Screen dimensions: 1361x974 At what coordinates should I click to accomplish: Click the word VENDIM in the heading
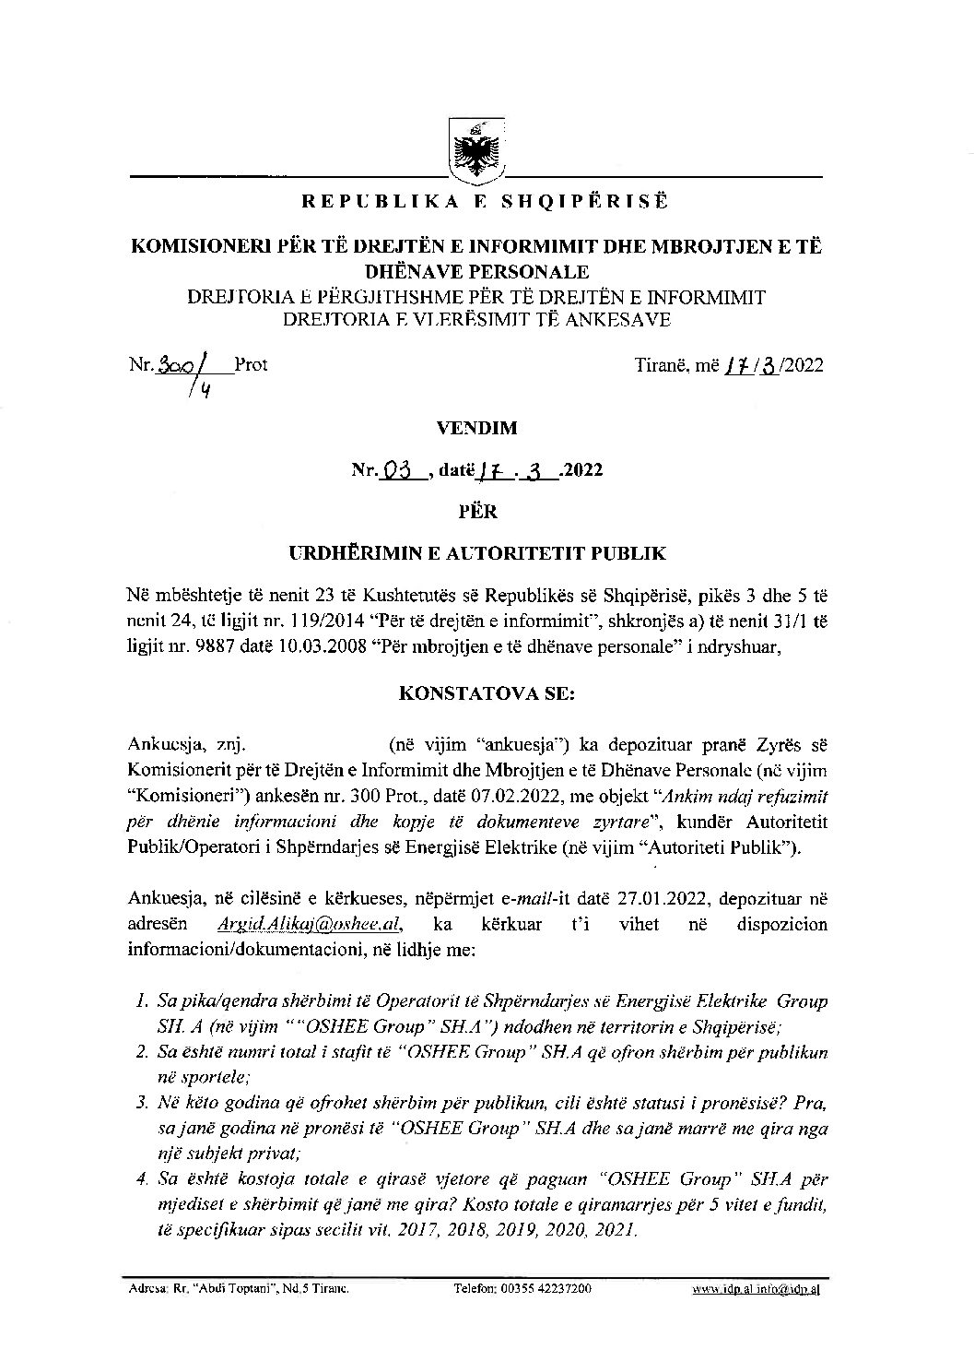[x=486, y=428]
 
